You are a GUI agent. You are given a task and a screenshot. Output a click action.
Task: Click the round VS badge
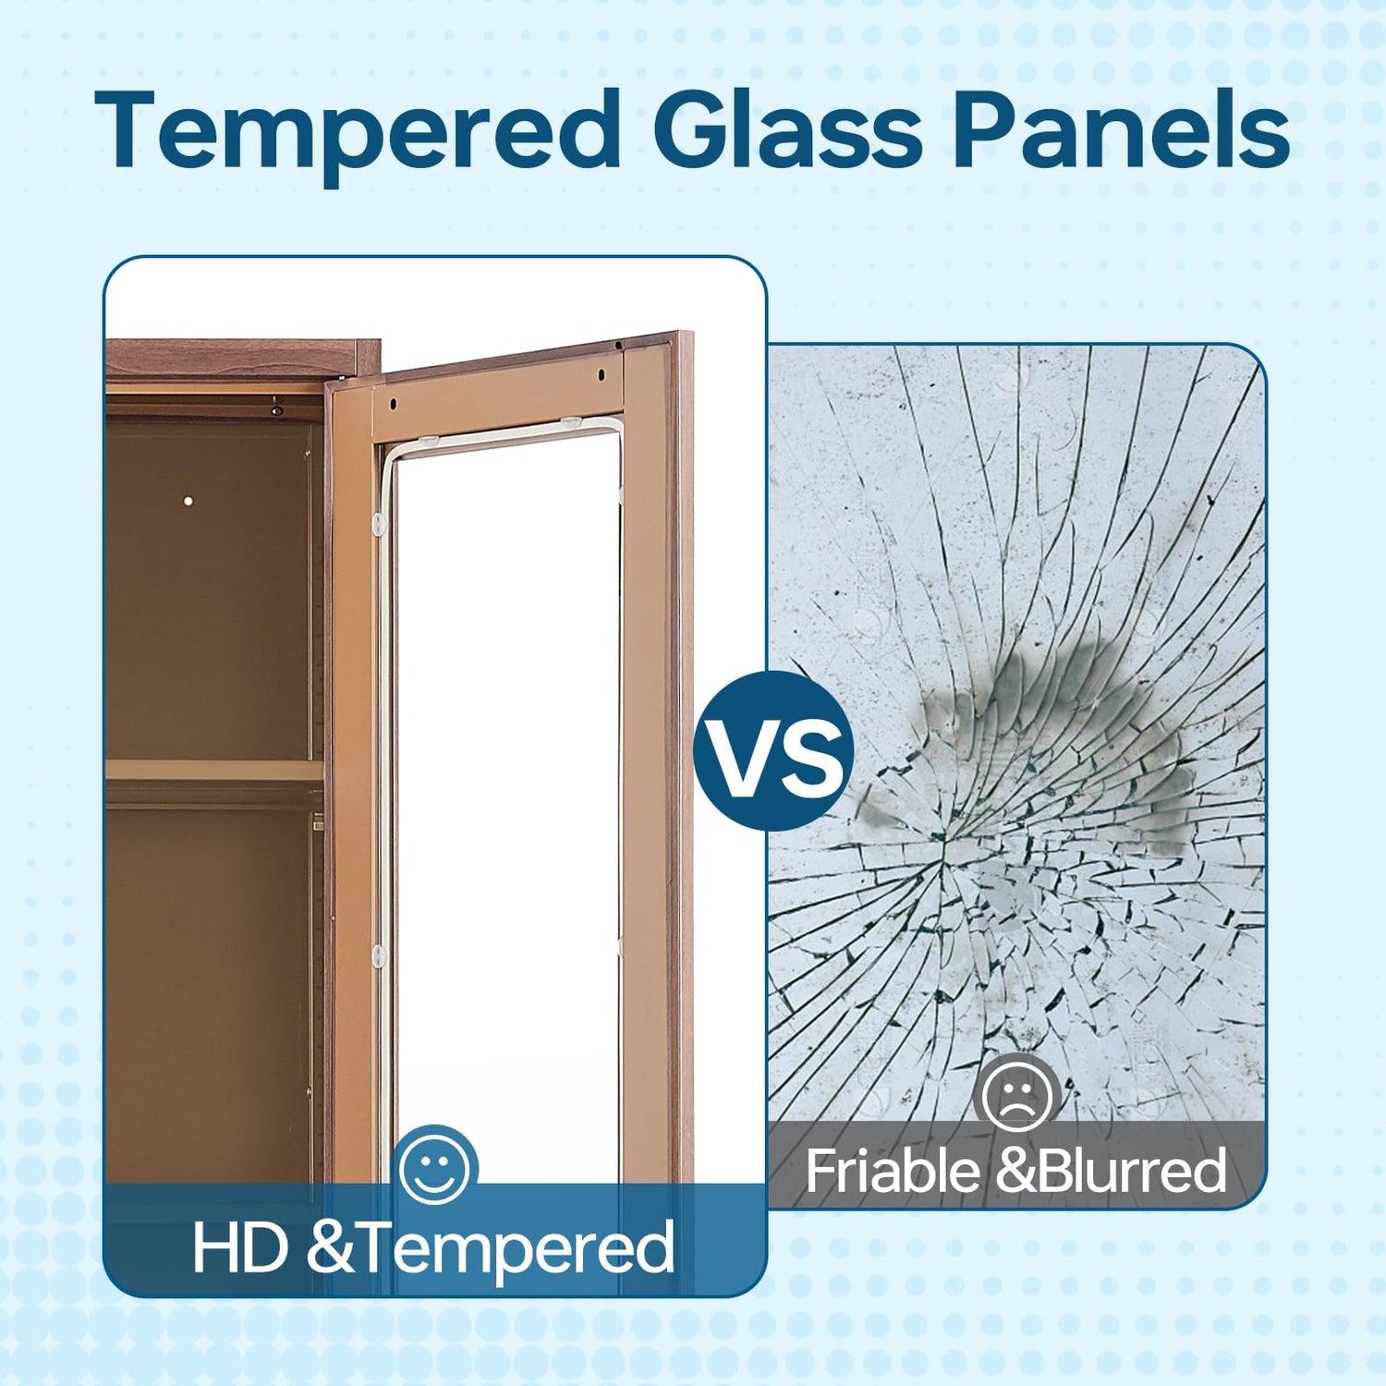773,750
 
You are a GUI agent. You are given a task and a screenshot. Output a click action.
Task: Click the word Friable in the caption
893,1171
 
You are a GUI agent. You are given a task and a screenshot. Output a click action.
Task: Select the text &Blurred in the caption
1112,1171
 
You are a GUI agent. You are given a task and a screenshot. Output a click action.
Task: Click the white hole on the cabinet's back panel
188,502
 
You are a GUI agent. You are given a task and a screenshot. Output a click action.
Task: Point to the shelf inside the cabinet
214,772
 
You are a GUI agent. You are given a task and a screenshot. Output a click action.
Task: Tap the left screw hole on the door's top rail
392,404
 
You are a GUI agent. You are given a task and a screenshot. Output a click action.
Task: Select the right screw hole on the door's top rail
601,375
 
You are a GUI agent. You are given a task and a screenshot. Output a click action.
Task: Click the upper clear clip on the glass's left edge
378,525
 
